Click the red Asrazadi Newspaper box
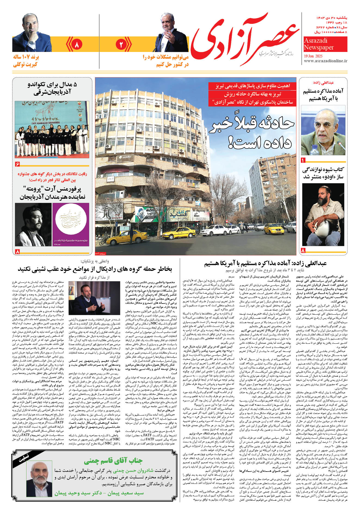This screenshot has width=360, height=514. click(325, 44)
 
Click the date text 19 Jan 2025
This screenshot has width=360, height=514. click(313, 56)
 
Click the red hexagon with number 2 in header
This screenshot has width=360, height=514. click(120, 45)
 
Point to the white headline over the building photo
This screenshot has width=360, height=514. click(252, 133)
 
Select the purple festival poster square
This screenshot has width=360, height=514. click(71, 225)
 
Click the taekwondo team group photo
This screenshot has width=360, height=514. click(52, 129)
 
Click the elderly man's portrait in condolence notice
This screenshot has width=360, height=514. click(39, 479)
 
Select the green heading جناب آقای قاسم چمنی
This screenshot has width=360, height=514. click(113, 461)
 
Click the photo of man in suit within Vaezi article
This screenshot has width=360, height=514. click(94, 298)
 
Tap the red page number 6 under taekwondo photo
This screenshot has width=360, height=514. click(17, 164)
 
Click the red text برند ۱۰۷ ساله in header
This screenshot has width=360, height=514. click(26, 58)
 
